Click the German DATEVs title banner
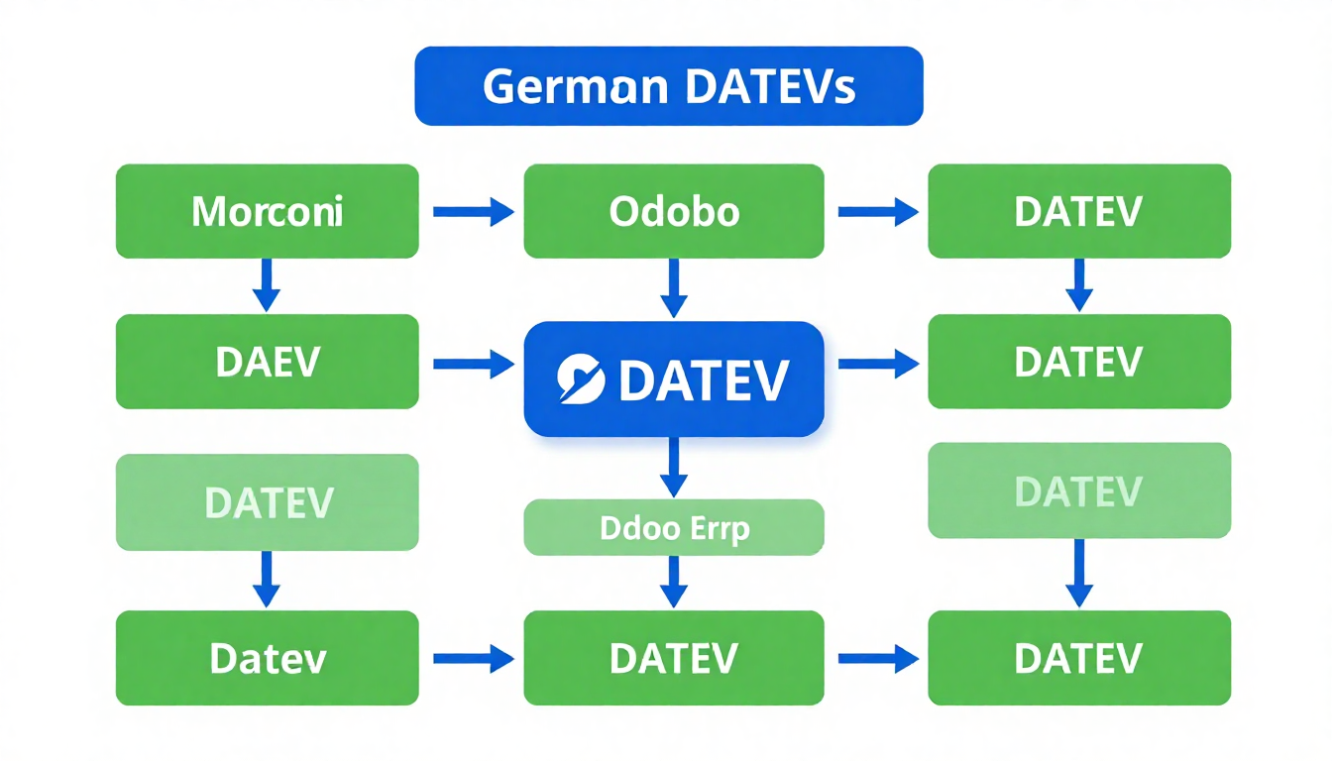coord(668,87)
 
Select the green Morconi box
coord(267,211)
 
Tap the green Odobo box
coord(674,211)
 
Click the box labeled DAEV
coord(267,362)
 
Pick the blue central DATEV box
coord(674,379)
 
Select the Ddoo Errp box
coord(674,527)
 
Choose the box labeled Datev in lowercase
coord(267,658)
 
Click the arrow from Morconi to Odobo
coord(473,211)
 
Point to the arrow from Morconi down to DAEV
coord(267,285)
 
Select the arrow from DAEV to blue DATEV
coord(473,365)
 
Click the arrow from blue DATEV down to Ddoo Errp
coord(674,467)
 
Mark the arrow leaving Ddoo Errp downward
coord(674,581)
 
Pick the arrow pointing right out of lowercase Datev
coord(473,657)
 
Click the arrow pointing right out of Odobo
coord(878,211)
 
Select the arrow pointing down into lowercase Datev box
coord(267,579)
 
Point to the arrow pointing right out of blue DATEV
coord(878,365)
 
